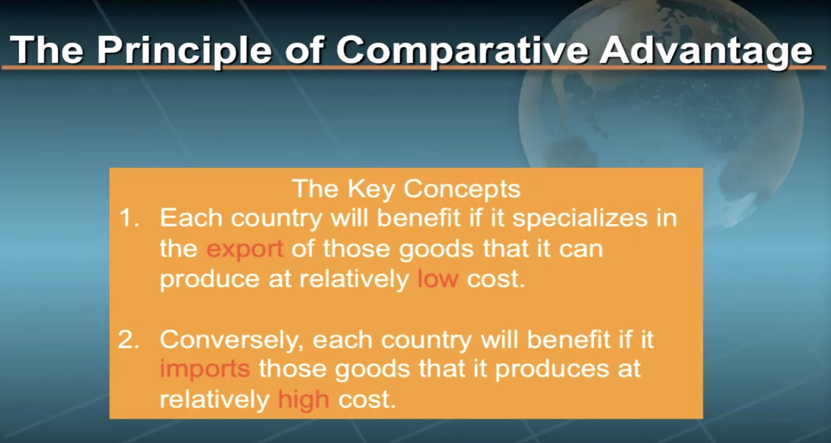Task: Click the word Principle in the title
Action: pos(184,51)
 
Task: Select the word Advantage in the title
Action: pos(706,51)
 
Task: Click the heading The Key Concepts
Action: pos(407,189)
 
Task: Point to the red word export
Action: pos(245,249)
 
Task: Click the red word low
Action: pos(438,279)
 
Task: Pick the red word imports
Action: pos(205,369)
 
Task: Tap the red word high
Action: pos(303,400)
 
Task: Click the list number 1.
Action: pos(129,218)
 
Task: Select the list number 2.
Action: pos(128,339)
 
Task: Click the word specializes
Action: pos(580,219)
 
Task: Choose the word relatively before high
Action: pos(214,400)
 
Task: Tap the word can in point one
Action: pos(581,249)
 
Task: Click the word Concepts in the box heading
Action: pos(462,190)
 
